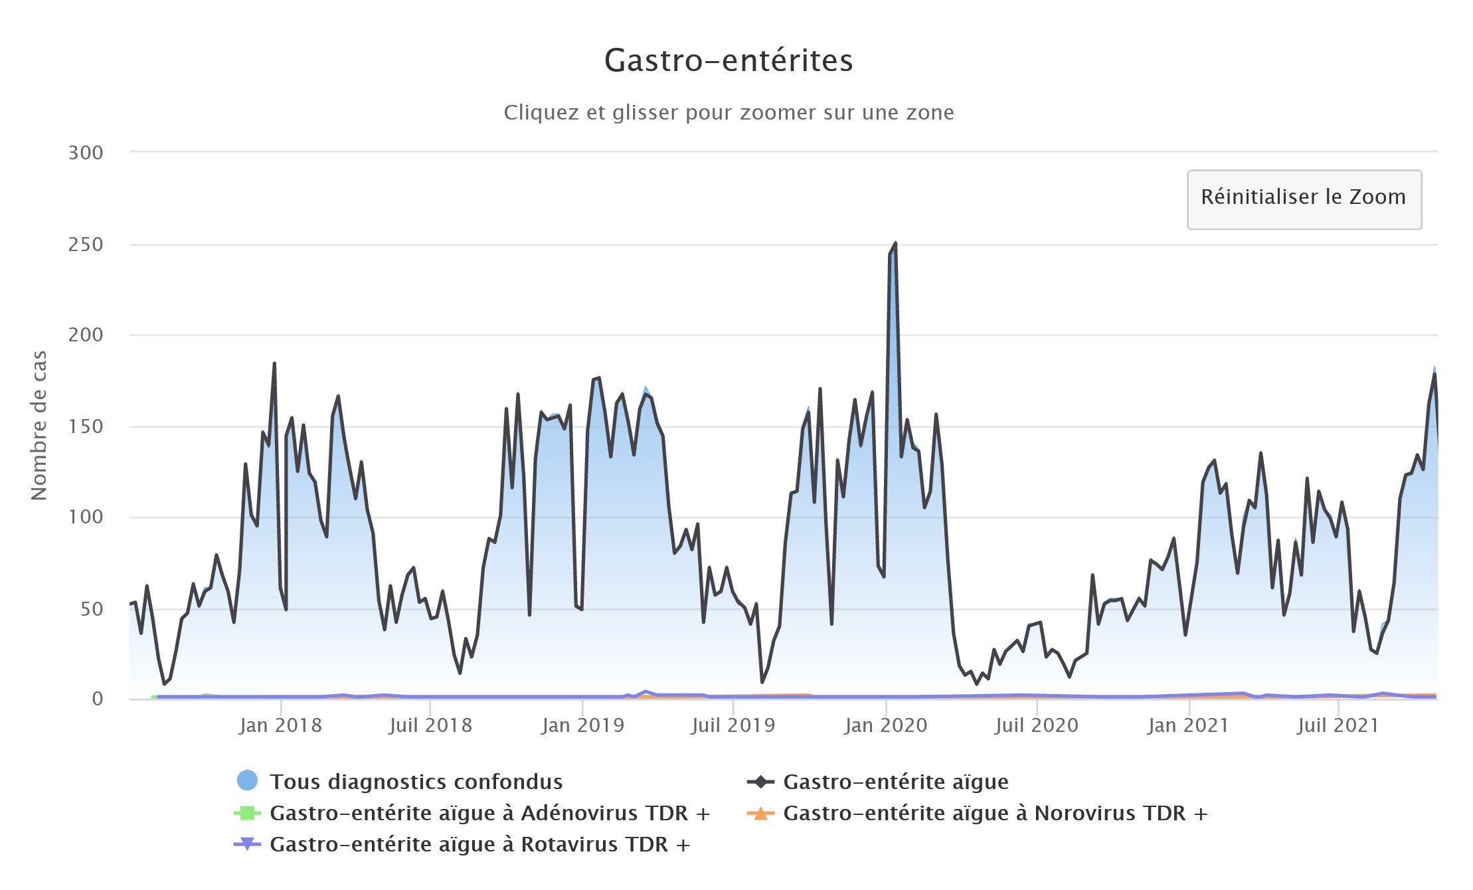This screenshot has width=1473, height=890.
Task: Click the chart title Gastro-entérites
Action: click(x=729, y=60)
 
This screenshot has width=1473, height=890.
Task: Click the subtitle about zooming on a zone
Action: click(x=729, y=112)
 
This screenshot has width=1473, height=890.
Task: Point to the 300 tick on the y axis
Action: click(x=86, y=153)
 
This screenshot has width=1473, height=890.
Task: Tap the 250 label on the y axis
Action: click(x=86, y=244)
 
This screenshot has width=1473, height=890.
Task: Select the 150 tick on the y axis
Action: click(x=86, y=426)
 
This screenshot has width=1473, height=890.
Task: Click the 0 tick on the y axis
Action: click(x=97, y=698)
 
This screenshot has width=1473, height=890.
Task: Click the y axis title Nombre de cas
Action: click(x=39, y=425)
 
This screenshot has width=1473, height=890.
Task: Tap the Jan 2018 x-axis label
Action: click(x=280, y=725)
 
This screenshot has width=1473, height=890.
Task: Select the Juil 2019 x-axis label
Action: click(x=733, y=725)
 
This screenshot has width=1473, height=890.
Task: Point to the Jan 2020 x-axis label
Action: click(x=885, y=725)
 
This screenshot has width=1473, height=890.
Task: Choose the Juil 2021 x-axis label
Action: click(x=1338, y=725)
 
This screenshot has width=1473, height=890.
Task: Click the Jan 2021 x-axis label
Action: click(x=1187, y=725)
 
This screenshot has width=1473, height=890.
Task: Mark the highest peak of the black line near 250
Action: click(x=895, y=244)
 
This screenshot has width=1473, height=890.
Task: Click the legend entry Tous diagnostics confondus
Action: click(x=416, y=782)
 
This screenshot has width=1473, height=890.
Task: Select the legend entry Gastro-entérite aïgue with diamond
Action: click(x=895, y=782)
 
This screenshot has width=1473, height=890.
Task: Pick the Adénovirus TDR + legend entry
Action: click(x=489, y=813)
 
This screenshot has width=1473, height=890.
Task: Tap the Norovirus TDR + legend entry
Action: click(x=994, y=813)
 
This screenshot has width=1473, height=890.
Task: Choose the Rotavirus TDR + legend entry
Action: click(x=479, y=844)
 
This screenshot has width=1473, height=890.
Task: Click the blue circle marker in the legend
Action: click(x=247, y=780)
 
